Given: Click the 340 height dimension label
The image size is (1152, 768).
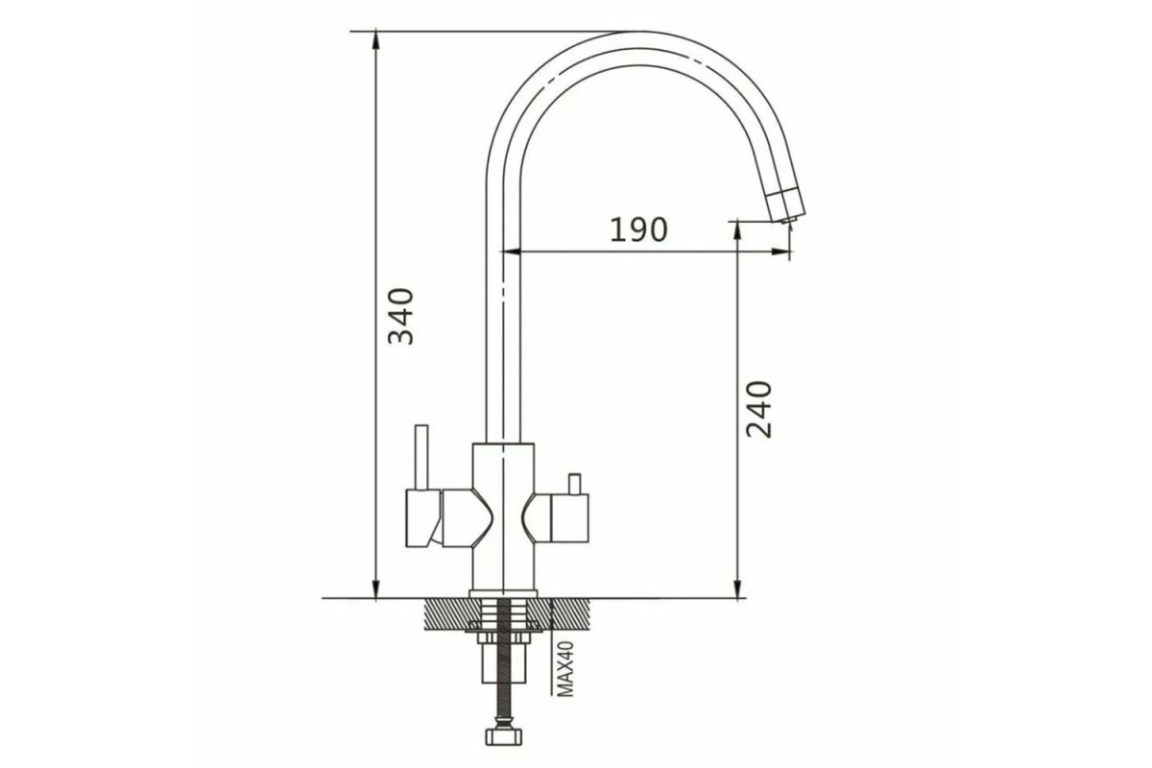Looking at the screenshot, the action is point(400,316).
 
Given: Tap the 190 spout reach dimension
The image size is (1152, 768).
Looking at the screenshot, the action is point(638,230).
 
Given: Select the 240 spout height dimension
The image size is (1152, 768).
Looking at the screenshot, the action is point(759,409).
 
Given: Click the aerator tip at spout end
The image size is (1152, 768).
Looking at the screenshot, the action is point(787,221).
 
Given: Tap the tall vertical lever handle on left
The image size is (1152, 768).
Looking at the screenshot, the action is point(421,457).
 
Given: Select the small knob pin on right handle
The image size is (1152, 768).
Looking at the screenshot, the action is point(574,484).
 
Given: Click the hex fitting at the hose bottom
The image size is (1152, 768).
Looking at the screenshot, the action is point(504,736).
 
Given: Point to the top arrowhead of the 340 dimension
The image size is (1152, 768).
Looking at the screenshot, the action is point(376,39).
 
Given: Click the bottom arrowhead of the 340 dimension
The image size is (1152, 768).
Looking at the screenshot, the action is point(376,589).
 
